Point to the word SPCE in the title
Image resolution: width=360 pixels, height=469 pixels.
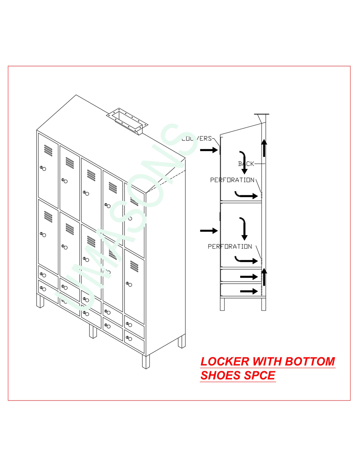pyautogui.click(x=262, y=376)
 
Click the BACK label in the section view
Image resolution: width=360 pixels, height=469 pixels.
pyautogui.click(x=246, y=164)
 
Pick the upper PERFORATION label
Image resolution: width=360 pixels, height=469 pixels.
pyautogui.click(x=232, y=180)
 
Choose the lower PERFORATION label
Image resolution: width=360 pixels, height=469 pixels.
pyautogui.click(x=230, y=246)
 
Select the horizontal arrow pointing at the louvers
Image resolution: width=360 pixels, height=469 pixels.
pyautogui.click(x=209, y=149)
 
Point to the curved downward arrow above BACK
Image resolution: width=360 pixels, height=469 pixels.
pyautogui.click(x=243, y=162)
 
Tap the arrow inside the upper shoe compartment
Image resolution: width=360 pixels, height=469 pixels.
pyautogui.click(x=249, y=276)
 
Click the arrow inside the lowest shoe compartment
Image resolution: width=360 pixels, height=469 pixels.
pyautogui.click(x=249, y=291)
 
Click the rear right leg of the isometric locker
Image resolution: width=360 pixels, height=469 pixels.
pyautogui.click(x=182, y=341)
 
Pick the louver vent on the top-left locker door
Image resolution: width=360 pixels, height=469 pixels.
pyautogui.click(x=48, y=150)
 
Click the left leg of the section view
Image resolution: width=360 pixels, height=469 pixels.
pyautogui.click(x=222, y=304)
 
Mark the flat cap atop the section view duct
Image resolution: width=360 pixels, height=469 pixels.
pyautogui.click(x=262, y=114)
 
